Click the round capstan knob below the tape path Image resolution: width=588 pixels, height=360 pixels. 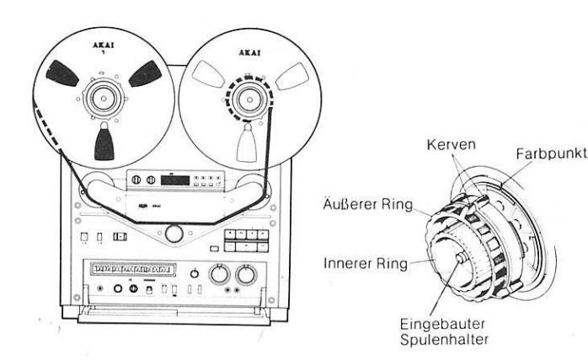click(x=174, y=233)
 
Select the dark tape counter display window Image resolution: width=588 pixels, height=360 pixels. click(x=177, y=179)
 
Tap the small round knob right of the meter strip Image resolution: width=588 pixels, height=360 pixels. click(x=195, y=274)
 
